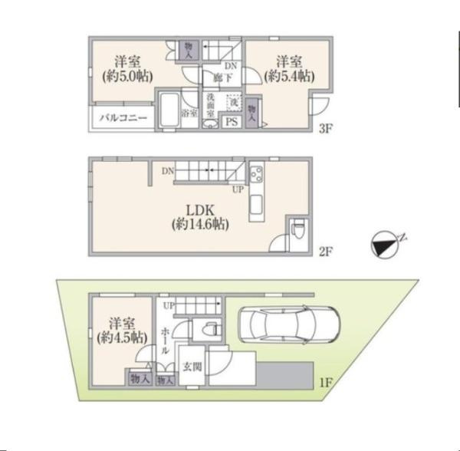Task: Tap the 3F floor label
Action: tap(325, 130)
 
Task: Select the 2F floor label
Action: tap(325, 250)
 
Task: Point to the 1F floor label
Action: tap(325, 380)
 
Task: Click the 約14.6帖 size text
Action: tap(200, 225)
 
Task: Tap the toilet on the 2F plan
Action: tap(300, 229)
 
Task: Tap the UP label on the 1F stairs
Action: tap(168, 305)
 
